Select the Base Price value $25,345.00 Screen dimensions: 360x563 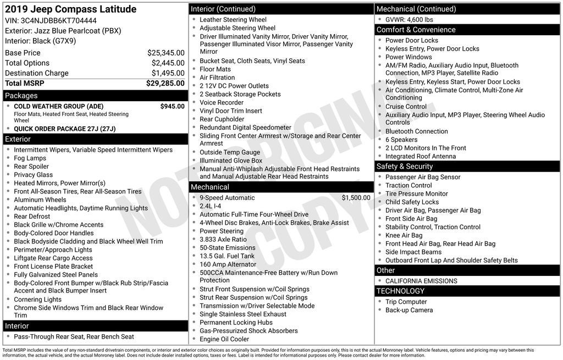(x=165, y=53)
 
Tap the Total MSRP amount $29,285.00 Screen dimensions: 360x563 (x=165, y=83)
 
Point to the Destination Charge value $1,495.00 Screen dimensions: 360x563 (x=168, y=73)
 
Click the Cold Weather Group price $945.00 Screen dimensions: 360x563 (x=172, y=106)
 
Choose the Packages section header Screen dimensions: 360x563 (x=21, y=96)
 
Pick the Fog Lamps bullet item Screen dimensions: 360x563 (x=30, y=158)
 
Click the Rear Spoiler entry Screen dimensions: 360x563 (x=31, y=167)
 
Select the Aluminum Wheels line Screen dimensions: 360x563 (x=40, y=200)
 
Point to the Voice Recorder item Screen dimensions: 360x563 (x=222, y=102)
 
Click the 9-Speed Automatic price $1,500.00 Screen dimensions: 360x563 (x=356, y=198)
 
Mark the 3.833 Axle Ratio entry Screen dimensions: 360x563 (x=223, y=240)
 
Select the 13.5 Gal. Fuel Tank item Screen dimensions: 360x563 (x=227, y=256)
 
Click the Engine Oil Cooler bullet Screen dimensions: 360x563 (x=224, y=339)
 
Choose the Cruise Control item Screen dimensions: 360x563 (x=406, y=107)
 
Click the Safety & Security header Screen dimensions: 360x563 (x=405, y=166)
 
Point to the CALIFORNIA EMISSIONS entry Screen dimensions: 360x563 (x=421, y=281)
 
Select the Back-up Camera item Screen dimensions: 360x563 (x=409, y=310)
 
